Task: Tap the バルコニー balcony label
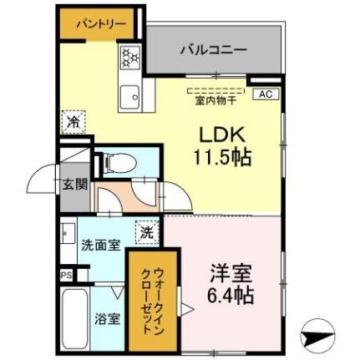point(213,49)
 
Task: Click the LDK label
point(220,134)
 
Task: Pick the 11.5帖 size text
point(225,156)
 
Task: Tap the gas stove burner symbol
point(131,58)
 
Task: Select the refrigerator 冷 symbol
point(74,120)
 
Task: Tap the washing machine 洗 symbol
point(145,231)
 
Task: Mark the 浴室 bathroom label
point(107,318)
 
